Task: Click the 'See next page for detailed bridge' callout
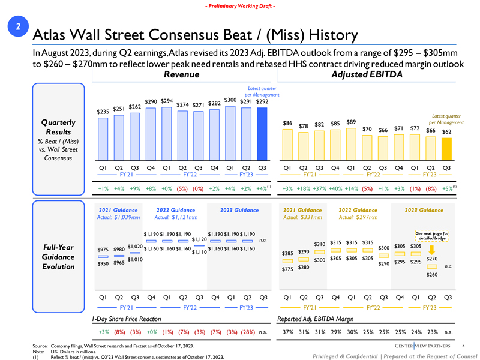point(431,236)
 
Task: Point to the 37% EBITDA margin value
point(288,331)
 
